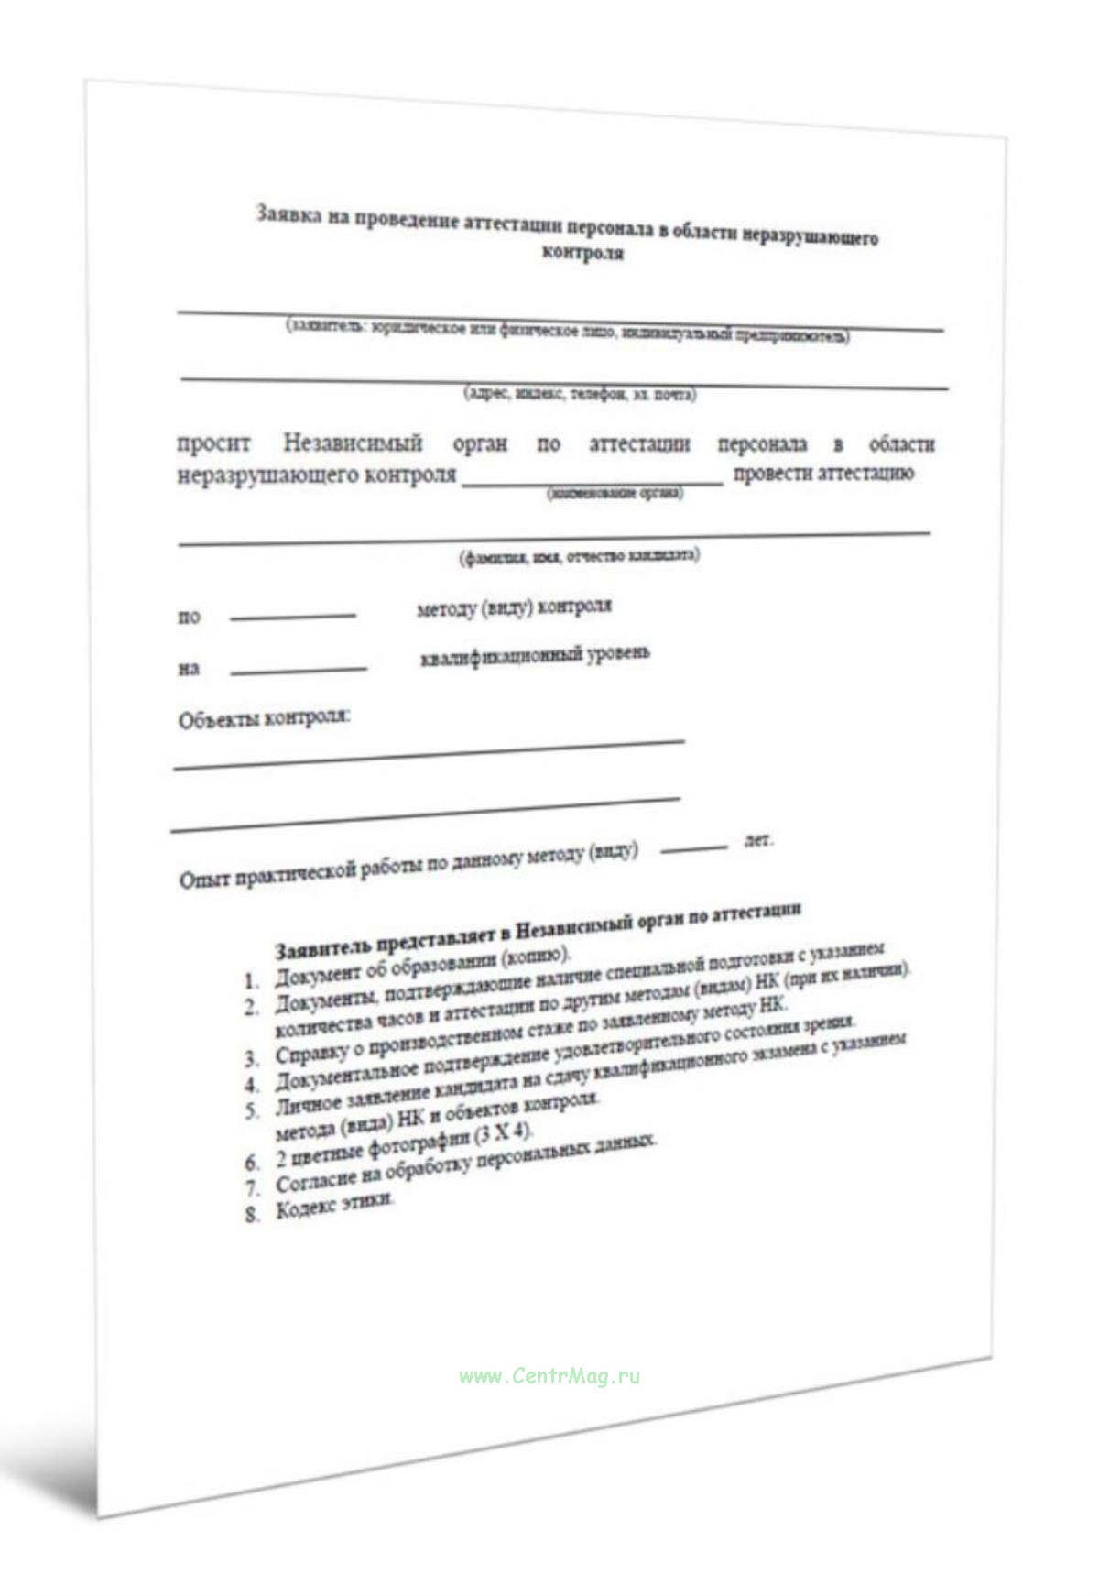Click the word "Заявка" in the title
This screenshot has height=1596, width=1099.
tap(288, 214)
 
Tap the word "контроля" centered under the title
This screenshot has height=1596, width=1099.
tap(583, 252)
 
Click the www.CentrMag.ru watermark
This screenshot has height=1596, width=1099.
tap(549, 1375)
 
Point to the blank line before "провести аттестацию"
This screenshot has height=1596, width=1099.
tap(593, 483)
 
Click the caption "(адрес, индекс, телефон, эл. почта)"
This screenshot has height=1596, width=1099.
tap(581, 394)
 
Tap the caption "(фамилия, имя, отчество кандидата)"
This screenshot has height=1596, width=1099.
tap(580, 555)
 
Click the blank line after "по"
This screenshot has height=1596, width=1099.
tap(292, 617)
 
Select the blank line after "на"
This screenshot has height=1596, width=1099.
tap(298, 671)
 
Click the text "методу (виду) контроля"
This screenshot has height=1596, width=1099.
tap(514, 607)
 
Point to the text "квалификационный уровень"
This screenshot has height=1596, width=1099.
tap(535, 656)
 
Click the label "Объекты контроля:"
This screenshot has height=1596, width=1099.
tap(264, 718)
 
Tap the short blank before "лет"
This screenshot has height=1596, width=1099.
tap(693, 848)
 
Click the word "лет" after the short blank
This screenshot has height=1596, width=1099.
tap(758, 839)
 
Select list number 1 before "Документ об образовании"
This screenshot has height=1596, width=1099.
tap(252, 981)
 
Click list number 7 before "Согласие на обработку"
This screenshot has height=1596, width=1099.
tap(253, 1189)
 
